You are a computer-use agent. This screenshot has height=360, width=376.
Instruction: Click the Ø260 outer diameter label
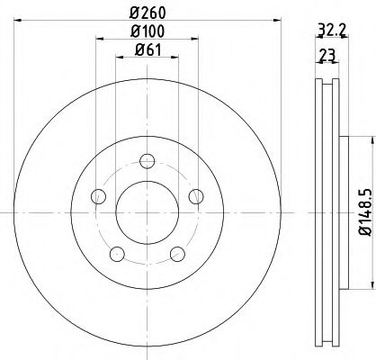146,13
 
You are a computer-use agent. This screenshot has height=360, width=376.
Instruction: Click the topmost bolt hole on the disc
146,161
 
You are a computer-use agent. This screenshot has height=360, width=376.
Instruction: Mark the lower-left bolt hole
116,253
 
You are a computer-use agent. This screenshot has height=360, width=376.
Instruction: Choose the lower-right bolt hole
175,253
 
